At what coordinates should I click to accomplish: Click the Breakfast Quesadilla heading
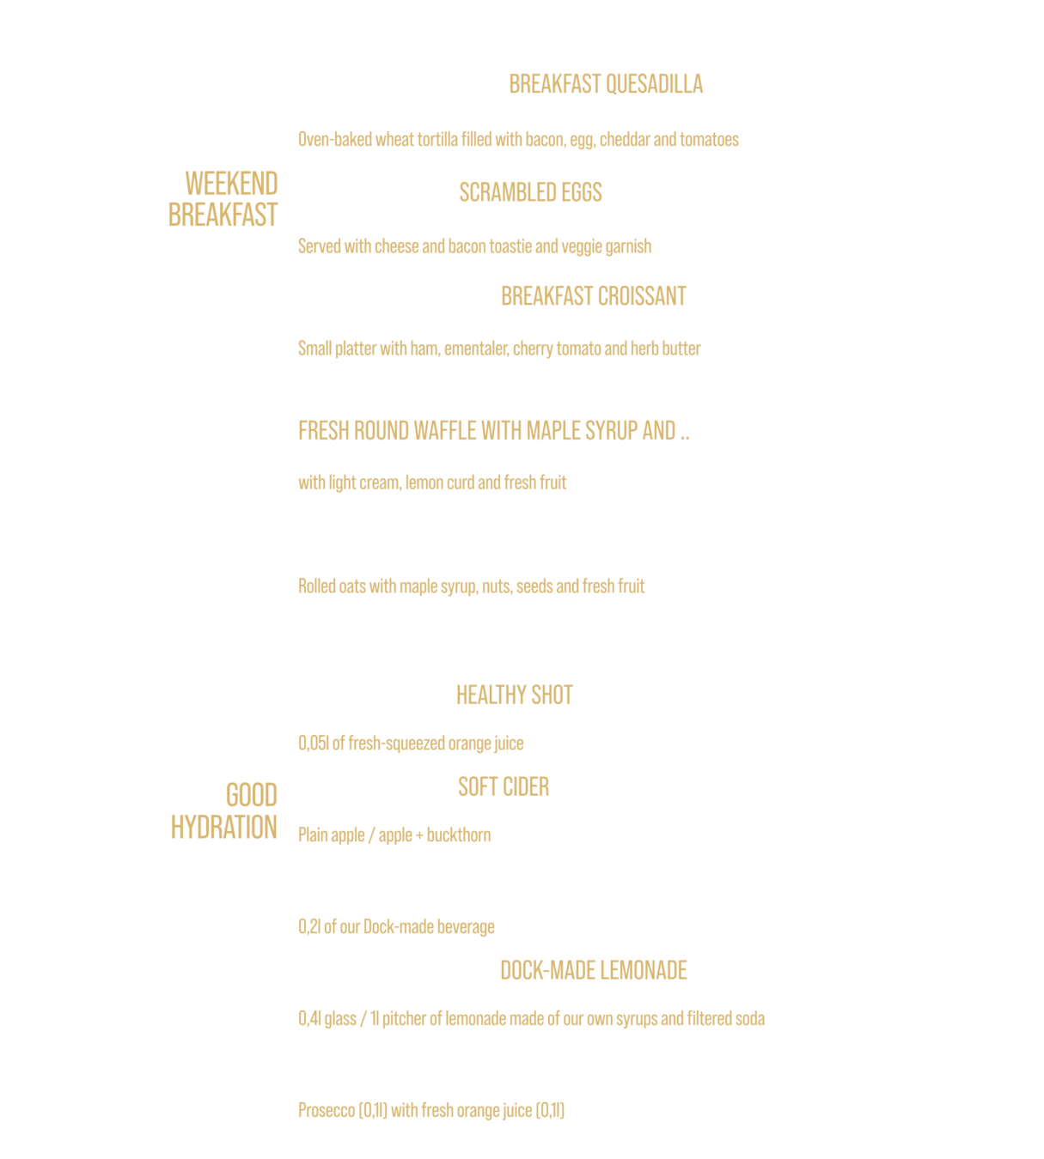606,84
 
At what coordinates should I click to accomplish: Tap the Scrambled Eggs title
530,192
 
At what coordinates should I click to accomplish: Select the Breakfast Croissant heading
594,296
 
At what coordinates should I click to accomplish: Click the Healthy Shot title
514,695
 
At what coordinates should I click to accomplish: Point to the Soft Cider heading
504,787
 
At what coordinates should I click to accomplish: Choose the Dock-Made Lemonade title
594,971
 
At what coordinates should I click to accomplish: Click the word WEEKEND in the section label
231,184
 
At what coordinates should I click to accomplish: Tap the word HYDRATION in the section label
224,828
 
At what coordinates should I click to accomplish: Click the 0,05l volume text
314,743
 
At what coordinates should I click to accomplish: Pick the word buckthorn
459,835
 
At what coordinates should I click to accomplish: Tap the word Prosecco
327,1110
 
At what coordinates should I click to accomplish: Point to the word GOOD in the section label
252,796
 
